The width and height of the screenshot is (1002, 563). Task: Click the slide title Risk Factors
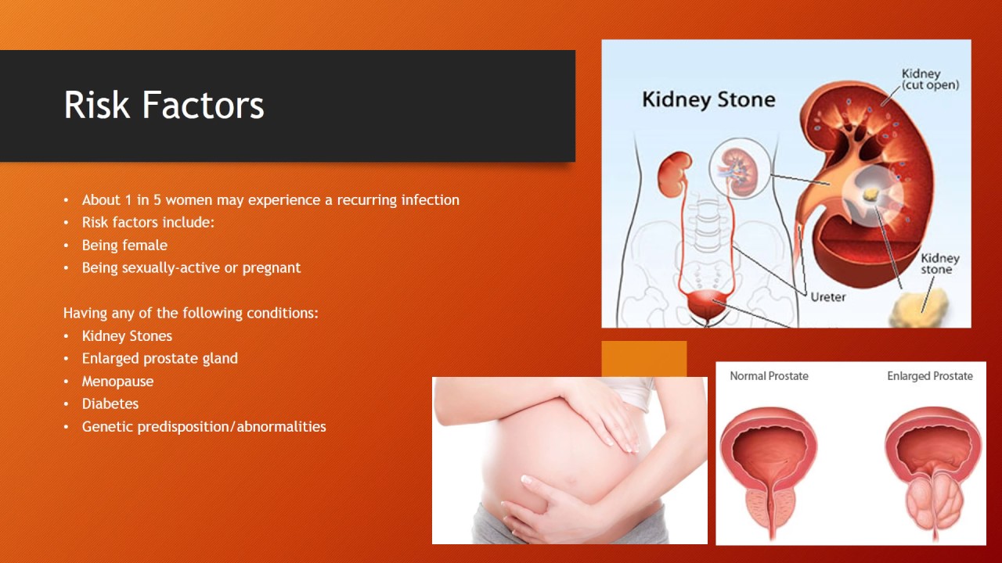pos(164,105)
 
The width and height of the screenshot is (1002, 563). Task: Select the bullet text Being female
pos(124,245)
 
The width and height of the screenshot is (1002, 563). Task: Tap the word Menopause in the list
pos(117,381)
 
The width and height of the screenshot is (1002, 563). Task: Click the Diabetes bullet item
pos(110,403)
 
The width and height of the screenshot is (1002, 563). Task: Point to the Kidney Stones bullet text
pos(127,335)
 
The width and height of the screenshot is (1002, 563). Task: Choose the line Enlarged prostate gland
pos(160,358)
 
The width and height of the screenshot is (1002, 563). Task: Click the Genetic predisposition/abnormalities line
pos(204,426)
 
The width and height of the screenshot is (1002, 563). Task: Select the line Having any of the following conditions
pos(191,313)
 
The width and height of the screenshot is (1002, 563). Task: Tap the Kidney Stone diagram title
pos(708,100)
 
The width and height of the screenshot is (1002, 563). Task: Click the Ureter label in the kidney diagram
pos(828,298)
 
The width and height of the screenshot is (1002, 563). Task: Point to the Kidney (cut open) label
pos(929,79)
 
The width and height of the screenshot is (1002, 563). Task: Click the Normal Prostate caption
pos(769,376)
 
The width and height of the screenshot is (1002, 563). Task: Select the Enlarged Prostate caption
pos(929,376)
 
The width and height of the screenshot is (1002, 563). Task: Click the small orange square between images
pos(643,358)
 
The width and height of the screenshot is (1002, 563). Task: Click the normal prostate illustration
pos(769,469)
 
